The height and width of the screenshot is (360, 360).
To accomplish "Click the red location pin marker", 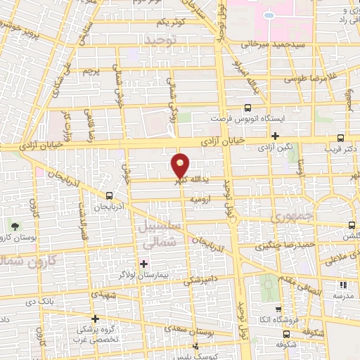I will point(181,166).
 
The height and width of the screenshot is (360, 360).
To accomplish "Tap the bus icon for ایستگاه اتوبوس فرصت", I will point(247,108).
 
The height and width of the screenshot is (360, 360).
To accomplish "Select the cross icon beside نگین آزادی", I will point(275,136).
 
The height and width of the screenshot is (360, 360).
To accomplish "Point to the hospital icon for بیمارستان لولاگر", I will point(144,264).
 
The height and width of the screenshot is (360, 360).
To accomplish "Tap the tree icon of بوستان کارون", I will point(15,226).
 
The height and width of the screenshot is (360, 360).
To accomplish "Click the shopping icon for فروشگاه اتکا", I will point(278,310).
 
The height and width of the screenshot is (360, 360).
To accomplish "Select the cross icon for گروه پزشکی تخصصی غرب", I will point(95,318).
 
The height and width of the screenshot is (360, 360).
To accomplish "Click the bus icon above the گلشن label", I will point(351,225).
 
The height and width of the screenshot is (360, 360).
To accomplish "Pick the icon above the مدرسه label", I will point(343,285).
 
